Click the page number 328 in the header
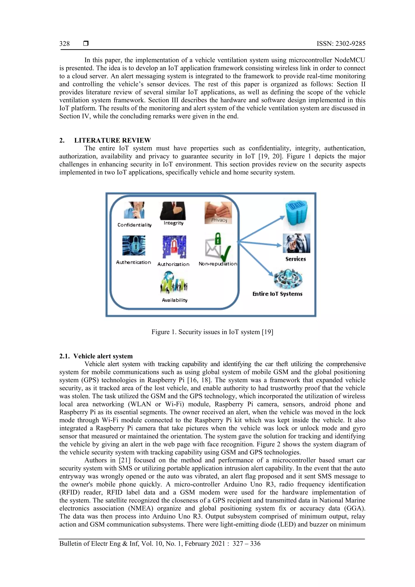64,44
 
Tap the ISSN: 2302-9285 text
341,44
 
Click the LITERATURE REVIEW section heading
112,140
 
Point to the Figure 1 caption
212,332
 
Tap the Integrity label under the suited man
174,223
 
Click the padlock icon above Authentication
134,245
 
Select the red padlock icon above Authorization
174,247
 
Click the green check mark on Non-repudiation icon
226,253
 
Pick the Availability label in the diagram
175,300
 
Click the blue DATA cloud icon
297,215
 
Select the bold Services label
296,259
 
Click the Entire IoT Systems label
277,294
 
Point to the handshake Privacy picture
218,213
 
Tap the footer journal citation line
160,544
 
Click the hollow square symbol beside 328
86,44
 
